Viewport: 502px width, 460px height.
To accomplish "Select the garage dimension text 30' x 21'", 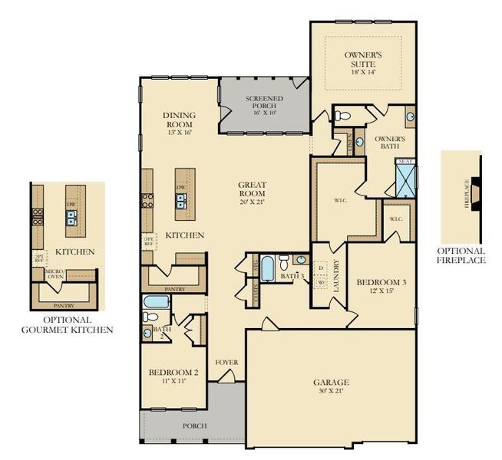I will point(331,391).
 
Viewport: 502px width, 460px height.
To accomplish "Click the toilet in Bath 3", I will point(284,260).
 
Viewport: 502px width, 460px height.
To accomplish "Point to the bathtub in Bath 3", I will point(267,271).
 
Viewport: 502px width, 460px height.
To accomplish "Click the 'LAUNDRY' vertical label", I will point(336,278).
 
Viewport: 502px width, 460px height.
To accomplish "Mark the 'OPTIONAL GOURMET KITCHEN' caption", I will point(68,324).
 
